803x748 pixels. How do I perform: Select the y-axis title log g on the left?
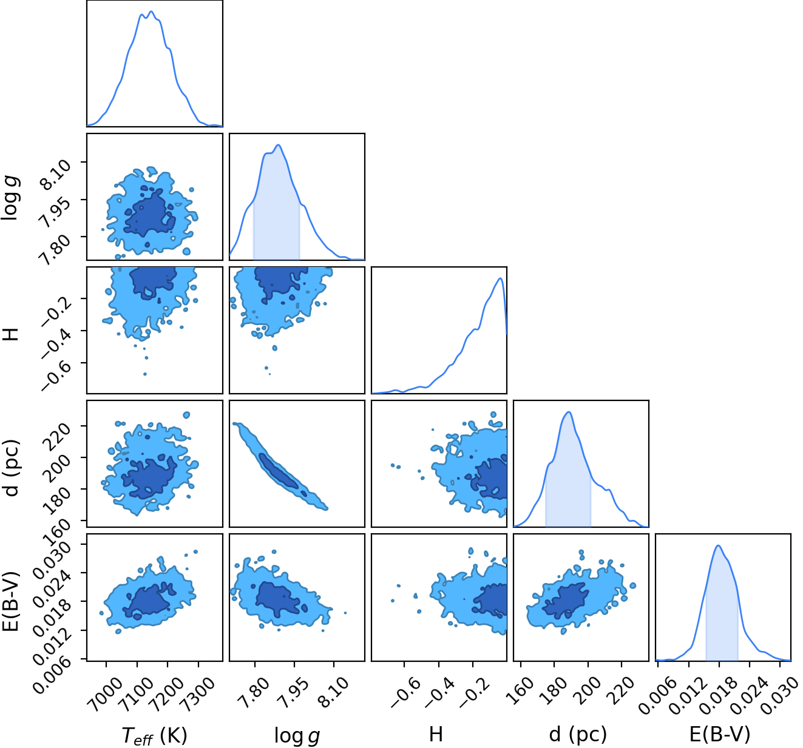tap(11, 198)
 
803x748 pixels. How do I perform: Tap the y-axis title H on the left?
tap(11, 334)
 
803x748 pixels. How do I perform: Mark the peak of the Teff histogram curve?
tap(151, 12)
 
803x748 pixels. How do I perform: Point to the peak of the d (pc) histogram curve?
tap(569, 412)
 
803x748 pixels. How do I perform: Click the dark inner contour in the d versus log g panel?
tap(279, 471)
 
